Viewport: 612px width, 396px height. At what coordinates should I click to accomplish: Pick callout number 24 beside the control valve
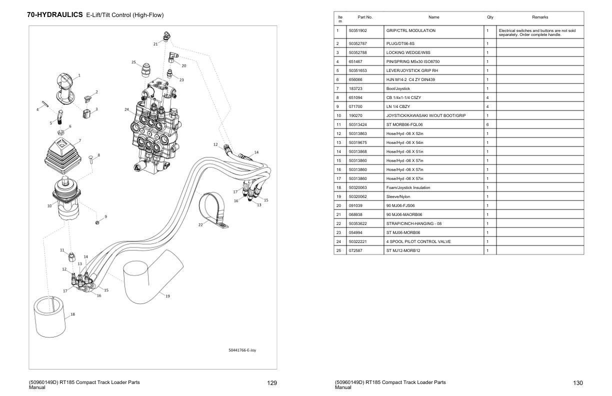tap(126, 109)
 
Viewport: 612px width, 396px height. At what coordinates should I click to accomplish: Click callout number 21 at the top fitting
tap(155, 44)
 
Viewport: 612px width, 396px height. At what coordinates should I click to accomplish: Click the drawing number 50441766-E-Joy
tap(245, 350)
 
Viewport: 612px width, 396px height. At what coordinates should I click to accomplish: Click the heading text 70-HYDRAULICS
tap(54, 15)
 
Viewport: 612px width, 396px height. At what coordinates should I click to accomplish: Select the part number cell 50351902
tap(358, 30)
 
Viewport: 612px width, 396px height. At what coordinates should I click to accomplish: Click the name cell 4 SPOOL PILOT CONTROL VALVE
tap(418, 241)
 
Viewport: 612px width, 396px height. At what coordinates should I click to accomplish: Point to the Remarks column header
tap(539, 17)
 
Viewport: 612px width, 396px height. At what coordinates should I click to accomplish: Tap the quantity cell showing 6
tap(487, 124)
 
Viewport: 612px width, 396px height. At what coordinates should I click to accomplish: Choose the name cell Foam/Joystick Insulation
tap(408, 187)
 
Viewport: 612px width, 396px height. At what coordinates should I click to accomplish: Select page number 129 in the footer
tap(272, 383)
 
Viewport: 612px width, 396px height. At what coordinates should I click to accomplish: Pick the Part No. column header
tap(365, 17)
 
